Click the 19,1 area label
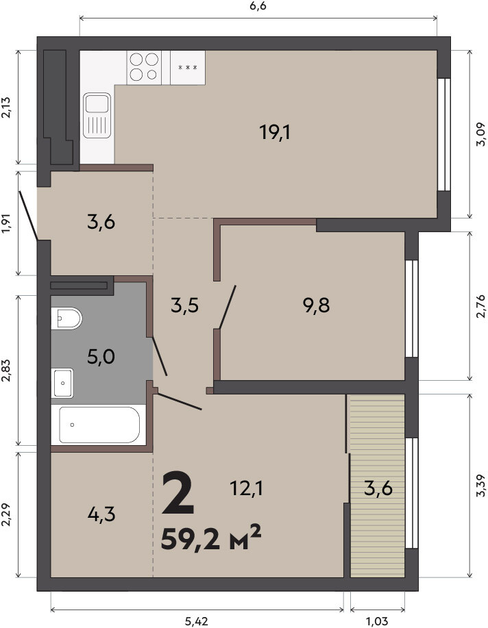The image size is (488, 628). pyautogui.click(x=275, y=132)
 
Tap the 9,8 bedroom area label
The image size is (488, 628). pyautogui.click(x=317, y=305)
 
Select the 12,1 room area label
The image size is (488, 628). pyautogui.click(x=246, y=488)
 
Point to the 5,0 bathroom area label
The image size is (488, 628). pyautogui.click(x=101, y=356)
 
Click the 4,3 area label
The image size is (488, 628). pyautogui.click(x=101, y=514)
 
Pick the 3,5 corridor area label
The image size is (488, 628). pyautogui.click(x=184, y=306)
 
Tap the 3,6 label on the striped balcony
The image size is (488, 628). pyautogui.click(x=378, y=488)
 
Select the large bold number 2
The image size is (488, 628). pyautogui.click(x=178, y=493)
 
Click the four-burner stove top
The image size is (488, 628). pyautogui.click(x=144, y=67)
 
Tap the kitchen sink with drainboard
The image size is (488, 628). pyautogui.click(x=97, y=115)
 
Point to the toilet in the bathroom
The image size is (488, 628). pyautogui.click(x=66, y=318)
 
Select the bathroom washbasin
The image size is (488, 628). pyautogui.click(x=62, y=383)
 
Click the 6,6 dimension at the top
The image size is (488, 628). pyautogui.click(x=258, y=6)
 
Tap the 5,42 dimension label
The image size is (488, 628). pyautogui.click(x=196, y=622)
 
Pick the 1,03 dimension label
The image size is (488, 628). pyautogui.click(x=377, y=622)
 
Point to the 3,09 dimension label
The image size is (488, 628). pyautogui.click(x=480, y=134)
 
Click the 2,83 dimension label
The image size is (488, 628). pyautogui.click(x=7, y=370)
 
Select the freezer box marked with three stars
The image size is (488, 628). pyautogui.click(x=188, y=67)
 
